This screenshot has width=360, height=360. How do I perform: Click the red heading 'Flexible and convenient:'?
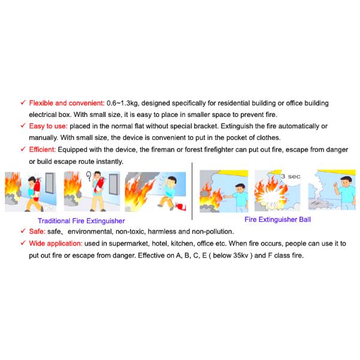(67, 103)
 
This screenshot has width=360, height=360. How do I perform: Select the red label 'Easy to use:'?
(48, 126)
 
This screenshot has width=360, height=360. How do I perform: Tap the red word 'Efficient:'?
(42, 149)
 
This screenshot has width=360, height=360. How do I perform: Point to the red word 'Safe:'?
(37, 232)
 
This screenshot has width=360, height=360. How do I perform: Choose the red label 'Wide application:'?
(56, 244)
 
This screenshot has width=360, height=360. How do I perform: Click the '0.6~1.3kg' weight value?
(122, 103)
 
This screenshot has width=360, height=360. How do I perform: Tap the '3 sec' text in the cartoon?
(290, 176)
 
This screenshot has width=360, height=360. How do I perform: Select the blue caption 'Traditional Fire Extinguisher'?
(81, 221)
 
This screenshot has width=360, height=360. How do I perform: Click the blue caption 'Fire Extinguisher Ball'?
(278, 220)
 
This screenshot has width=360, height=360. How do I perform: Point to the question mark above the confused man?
(89, 176)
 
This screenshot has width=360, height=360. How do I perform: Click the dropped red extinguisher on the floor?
(181, 206)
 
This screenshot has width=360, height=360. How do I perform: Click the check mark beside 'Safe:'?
(23, 231)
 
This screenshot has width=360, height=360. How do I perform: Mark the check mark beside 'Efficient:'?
(23, 149)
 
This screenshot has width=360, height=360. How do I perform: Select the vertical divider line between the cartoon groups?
(192, 191)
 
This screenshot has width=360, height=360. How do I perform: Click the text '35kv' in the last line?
(241, 256)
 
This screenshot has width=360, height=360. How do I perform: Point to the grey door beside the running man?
(51, 183)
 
